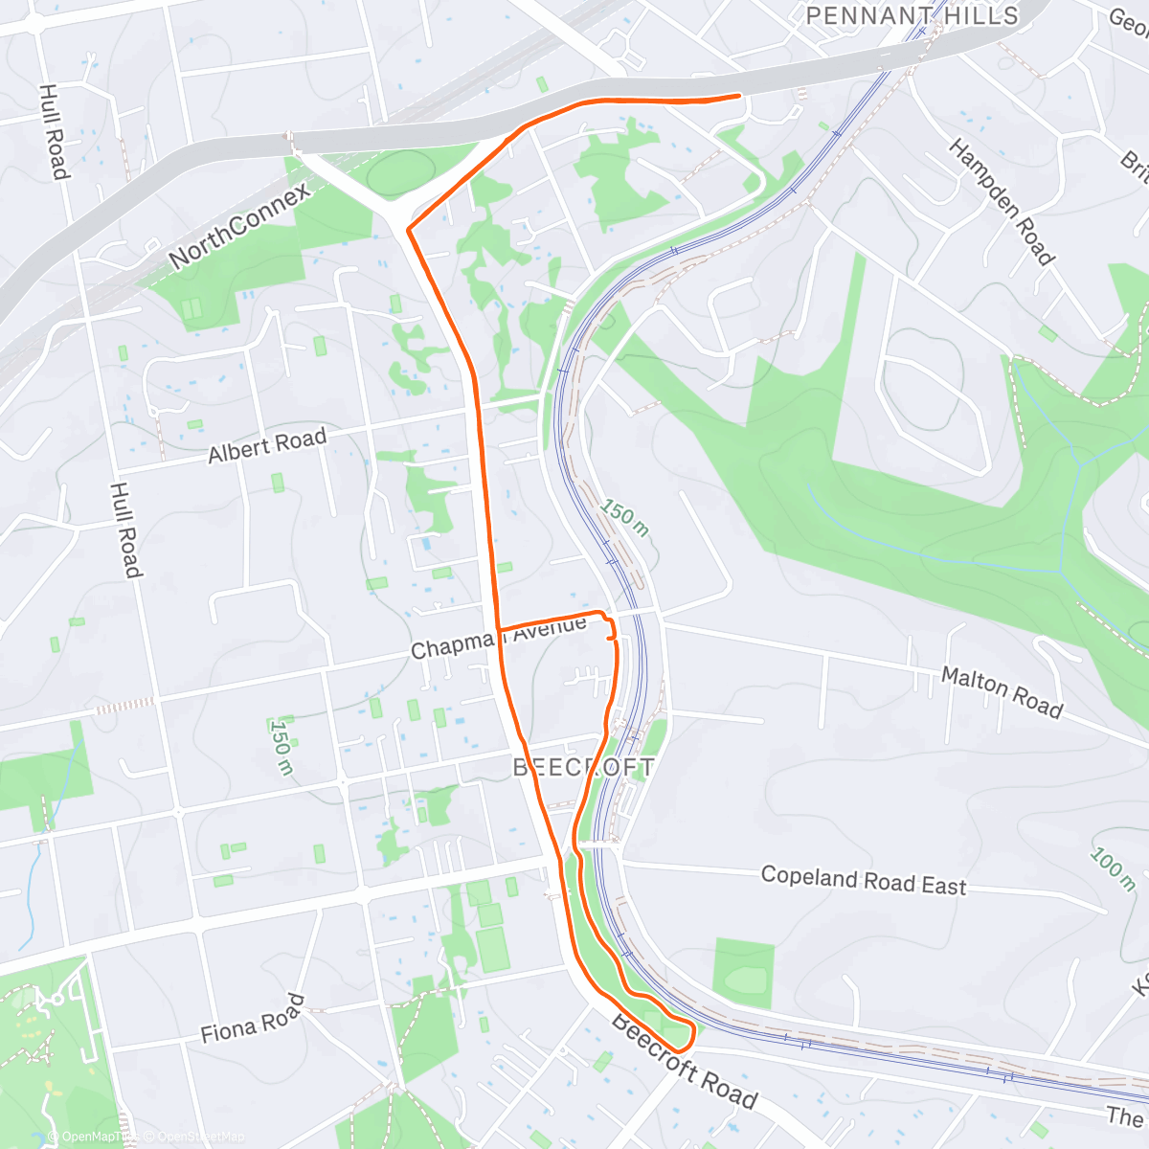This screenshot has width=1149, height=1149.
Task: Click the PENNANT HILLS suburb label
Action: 912,15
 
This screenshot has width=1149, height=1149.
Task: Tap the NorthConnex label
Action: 239,226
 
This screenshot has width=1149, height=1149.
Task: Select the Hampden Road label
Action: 1002,201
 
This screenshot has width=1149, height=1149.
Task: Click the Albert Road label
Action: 267,446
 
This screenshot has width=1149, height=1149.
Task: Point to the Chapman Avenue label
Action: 498,638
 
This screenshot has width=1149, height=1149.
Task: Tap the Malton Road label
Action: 1002,691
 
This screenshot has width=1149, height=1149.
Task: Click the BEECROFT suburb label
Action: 584,767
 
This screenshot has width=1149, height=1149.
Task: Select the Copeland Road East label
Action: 864,880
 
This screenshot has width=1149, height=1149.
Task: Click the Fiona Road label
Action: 253,1019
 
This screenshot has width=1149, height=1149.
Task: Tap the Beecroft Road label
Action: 684,1061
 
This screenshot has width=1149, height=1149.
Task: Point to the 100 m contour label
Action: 1112,868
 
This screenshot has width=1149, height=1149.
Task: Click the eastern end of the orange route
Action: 738,96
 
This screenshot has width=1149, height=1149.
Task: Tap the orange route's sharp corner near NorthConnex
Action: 409,230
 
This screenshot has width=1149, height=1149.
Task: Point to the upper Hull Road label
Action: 54,131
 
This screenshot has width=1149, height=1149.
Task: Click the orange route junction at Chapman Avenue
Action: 498,628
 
